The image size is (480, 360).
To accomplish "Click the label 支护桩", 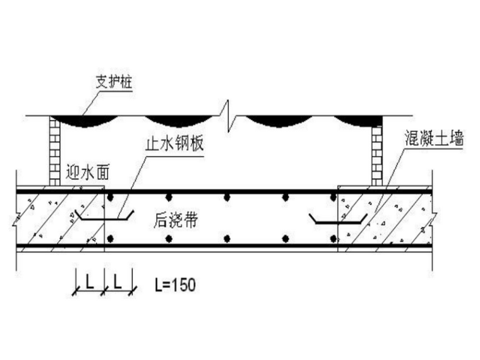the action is pyautogui.click(x=114, y=82).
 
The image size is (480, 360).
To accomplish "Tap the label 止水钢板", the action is pyautogui.click(x=174, y=143).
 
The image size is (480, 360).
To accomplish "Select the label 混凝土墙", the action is pyautogui.click(x=434, y=138).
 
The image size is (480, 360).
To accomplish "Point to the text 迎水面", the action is pyautogui.click(x=88, y=173).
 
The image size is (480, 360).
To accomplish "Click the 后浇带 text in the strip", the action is pyautogui.click(x=176, y=220).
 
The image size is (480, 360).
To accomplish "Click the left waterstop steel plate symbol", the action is pyautogui.click(x=105, y=215).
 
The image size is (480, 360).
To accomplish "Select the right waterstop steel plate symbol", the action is pyautogui.click(x=339, y=219).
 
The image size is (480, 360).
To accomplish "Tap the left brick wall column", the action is pyautogui.click(x=55, y=151).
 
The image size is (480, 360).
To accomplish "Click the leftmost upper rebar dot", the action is pyautogui.click(x=111, y=198).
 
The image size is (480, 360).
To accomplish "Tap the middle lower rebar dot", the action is pyautogui.click(x=227, y=239).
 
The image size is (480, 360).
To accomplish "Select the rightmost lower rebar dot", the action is pyautogui.click(x=333, y=239).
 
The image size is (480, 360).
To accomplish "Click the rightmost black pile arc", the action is pyautogui.click(x=358, y=121).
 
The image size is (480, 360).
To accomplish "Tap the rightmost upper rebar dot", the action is pyautogui.click(x=333, y=198).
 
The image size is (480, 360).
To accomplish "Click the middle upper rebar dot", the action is pyautogui.click(x=227, y=198).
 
